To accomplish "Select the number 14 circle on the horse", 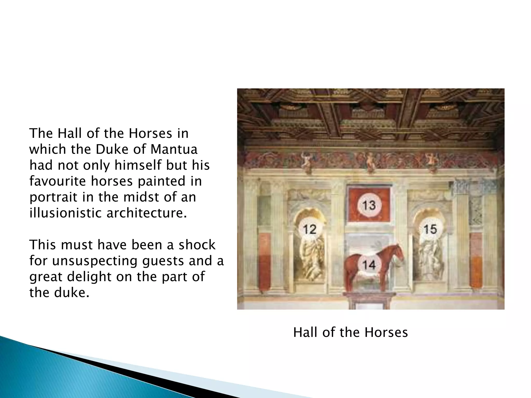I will (369, 265).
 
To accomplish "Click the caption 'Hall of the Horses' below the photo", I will (351, 332).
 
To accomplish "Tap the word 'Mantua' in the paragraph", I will (174, 150).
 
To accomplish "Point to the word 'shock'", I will (197, 245).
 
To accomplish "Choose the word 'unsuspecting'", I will (95, 261).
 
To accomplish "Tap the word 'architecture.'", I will (147, 213).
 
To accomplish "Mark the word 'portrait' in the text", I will (53, 197).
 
